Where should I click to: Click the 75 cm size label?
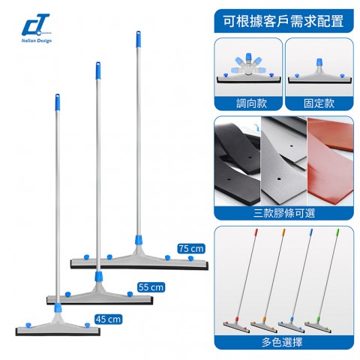click(x=191, y=249)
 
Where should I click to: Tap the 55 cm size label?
click(x=151, y=287)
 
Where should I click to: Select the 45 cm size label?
click(x=109, y=319)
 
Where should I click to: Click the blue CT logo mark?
click(x=35, y=25)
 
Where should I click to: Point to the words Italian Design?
click(x=37, y=40)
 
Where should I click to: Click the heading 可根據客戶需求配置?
click(x=283, y=21)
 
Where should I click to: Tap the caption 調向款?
click(x=251, y=103)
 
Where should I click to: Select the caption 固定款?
click(x=319, y=103)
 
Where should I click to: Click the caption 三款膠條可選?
click(x=284, y=213)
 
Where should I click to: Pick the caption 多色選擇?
click(x=282, y=342)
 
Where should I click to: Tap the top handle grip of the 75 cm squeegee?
click(x=138, y=39)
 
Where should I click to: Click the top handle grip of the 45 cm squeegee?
click(x=58, y=102)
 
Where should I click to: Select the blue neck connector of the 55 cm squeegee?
click(x=98, y=277)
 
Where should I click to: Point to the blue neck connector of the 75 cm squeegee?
click(x=139, y=240)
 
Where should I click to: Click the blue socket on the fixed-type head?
click(x=319, y=62)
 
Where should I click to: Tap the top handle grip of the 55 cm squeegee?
click(x=98, y=70)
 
